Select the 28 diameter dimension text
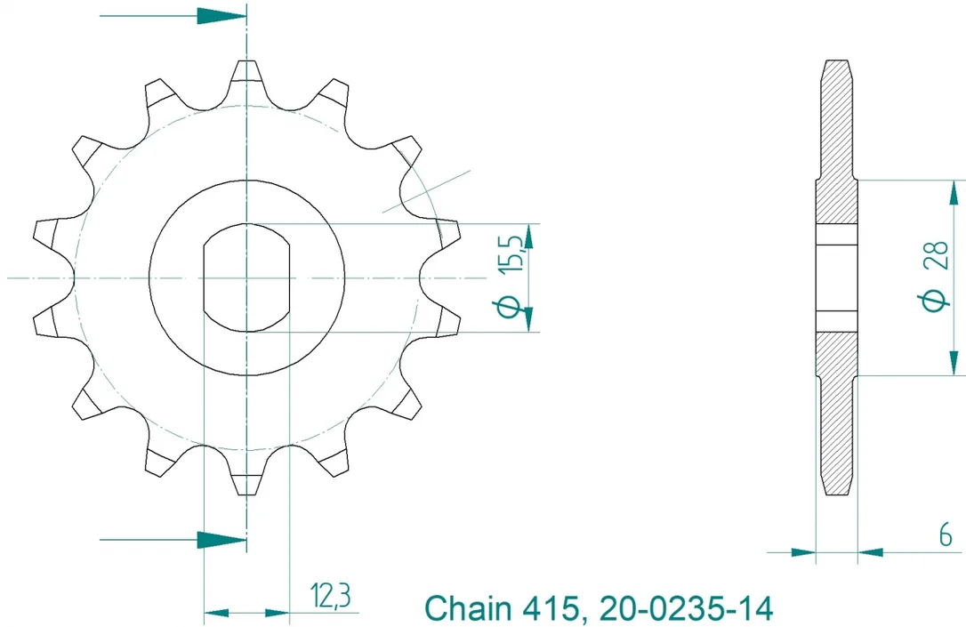937,255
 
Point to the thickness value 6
946,536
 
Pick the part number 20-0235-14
685,608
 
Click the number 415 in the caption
551,608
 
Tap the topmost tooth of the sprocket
247,73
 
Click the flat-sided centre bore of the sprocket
247,277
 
